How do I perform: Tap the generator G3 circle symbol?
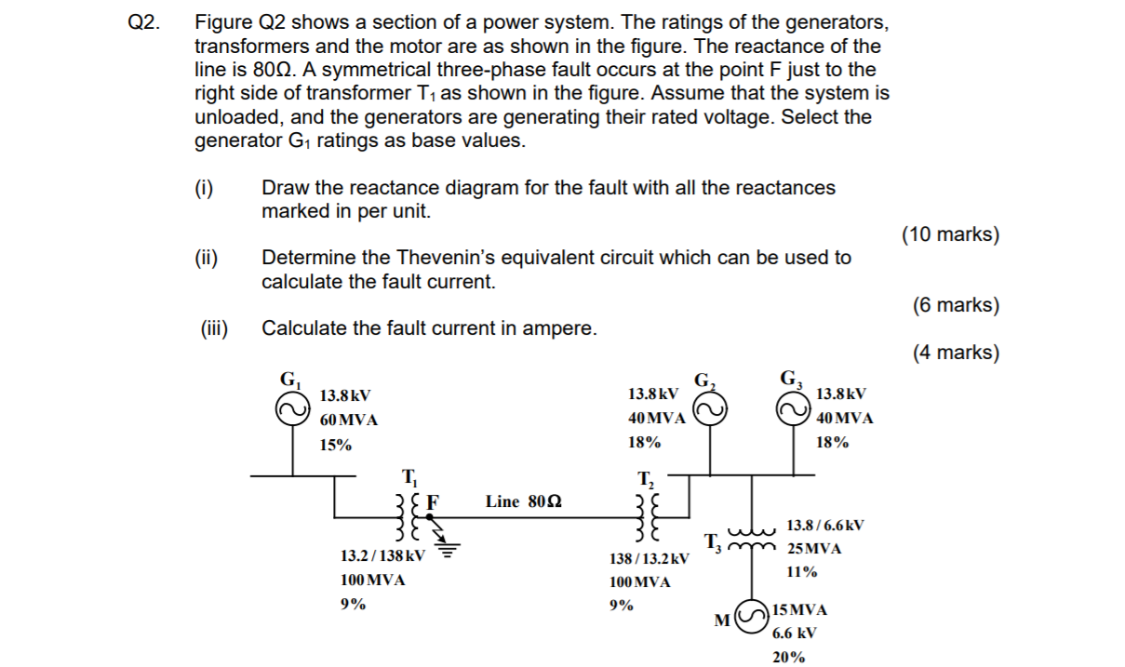point(796,409)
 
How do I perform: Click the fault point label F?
point(432,500)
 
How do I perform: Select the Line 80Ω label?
point(524,501)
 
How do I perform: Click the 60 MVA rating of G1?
point(349,420)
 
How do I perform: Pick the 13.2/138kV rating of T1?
point(383,556)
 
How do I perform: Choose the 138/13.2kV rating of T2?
point(650,558)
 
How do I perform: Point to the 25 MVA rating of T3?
point(814,548)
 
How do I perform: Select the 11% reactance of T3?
point(802,571)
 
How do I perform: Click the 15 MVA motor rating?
point(799,610)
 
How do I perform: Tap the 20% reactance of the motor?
point(788,657)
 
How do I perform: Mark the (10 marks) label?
point(950,234)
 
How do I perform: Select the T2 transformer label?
point(646,480)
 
